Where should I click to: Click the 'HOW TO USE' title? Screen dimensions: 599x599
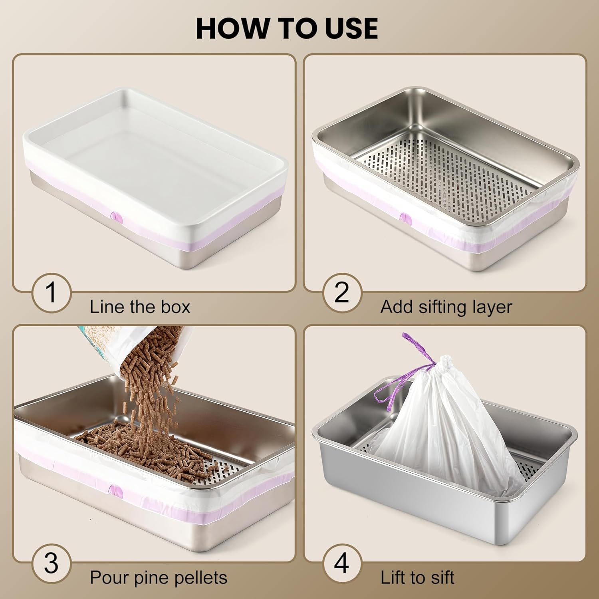[287, 28]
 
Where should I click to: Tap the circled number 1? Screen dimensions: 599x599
[51, 293]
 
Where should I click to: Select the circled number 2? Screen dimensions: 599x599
[342, 293]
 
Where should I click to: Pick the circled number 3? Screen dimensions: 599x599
[51, 563]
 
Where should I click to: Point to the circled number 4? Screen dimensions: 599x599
[342, 563]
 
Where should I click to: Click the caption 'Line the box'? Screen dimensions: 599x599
[140, 307]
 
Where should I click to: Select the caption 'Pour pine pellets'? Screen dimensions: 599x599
[159, 578]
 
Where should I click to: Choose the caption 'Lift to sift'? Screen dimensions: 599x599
[417, 578]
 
